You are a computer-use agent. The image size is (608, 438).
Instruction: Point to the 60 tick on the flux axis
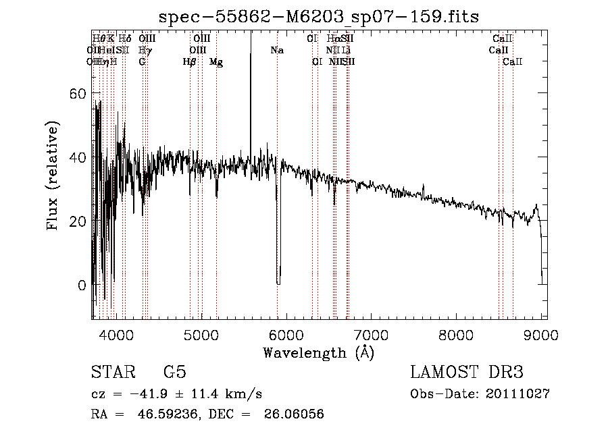point(79,93)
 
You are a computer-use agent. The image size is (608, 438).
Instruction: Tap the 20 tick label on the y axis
point(79,221)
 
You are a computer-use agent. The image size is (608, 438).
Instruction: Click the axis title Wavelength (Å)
point(318,352)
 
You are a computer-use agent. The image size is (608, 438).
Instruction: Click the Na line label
point(277,51)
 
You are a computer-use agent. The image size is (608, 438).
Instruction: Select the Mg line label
point(216,62)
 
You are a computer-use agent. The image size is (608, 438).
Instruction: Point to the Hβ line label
point(190,62)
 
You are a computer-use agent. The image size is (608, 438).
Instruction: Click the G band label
point(142,62)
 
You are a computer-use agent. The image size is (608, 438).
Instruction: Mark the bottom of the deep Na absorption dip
point(278,283)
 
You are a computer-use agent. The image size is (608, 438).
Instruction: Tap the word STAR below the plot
point(113,373)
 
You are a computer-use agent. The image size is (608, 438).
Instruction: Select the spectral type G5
point(174,373)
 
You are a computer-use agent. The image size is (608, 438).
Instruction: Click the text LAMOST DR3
point(467,373)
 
